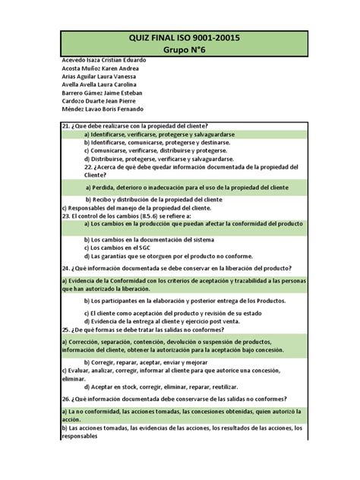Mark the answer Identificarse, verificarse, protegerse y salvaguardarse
(159, 134)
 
